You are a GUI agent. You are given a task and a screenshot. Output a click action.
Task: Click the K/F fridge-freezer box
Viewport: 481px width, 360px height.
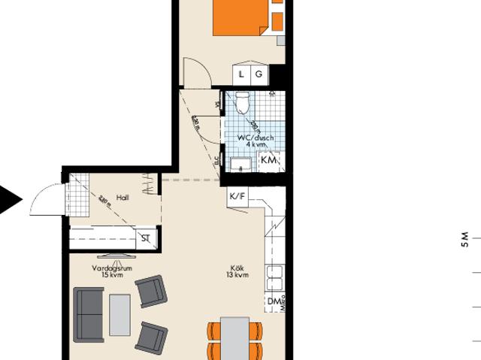(237, 196)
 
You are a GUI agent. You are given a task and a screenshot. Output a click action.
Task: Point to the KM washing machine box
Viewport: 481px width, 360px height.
(268, 160)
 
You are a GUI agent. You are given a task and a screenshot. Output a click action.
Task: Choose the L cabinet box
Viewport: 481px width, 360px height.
(241, 74)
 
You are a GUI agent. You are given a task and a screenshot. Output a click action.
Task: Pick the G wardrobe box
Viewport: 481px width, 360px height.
(259, 74)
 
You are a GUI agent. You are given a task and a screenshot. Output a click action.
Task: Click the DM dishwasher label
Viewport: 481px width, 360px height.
(273, 302)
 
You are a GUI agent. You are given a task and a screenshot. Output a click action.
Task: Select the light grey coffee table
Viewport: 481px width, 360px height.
(119, 314)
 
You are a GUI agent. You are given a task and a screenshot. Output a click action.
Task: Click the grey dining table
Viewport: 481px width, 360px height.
(235, 337)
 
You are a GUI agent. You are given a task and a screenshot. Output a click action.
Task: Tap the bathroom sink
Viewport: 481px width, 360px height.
(240, 165)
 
